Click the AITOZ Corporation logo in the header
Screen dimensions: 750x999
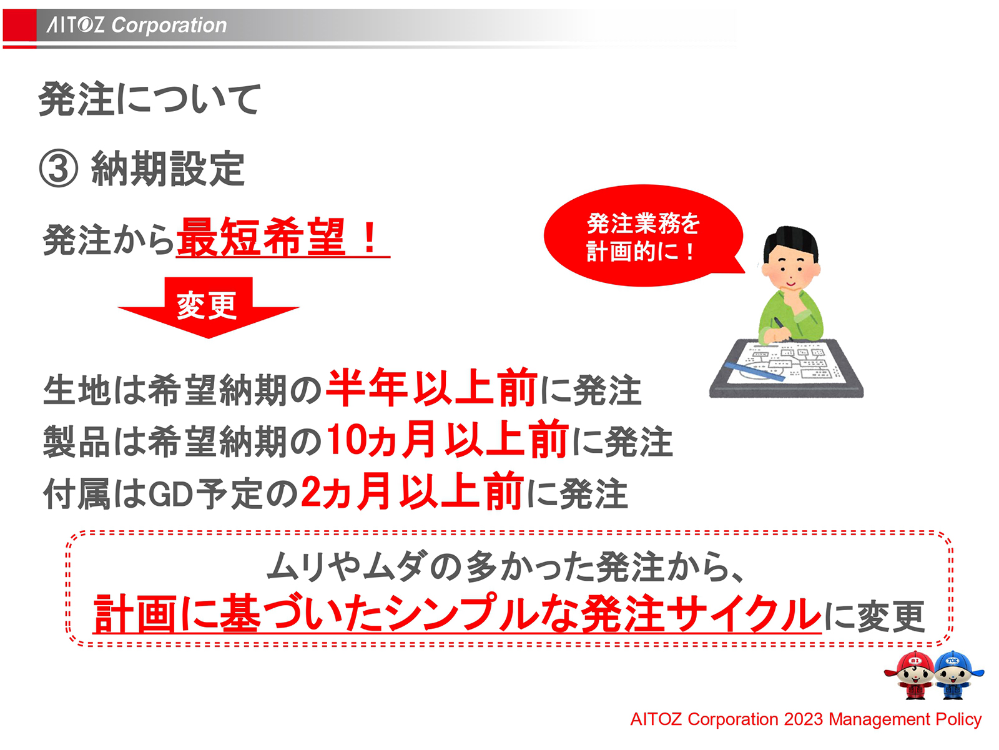pyautogui.click(x=137, y=25)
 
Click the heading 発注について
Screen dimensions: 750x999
pyautogui.click(x=149, y=99)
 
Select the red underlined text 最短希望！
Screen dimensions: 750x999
pyautogui.click(x=281, y=238)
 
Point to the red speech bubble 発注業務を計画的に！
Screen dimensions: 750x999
pyautogui.click(x=643, y=237)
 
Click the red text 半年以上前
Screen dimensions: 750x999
pyautogui.click(x=431, y=388)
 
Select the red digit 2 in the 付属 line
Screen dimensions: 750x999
pyautogui.click(x=310, y=492)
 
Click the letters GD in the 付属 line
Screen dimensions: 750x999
pyautogui.click(x=170, y=494)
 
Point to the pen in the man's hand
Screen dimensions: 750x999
pyautogui.click(x=780, y=327)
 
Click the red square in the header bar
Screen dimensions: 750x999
pyautogui.click(x=19, y=26)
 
